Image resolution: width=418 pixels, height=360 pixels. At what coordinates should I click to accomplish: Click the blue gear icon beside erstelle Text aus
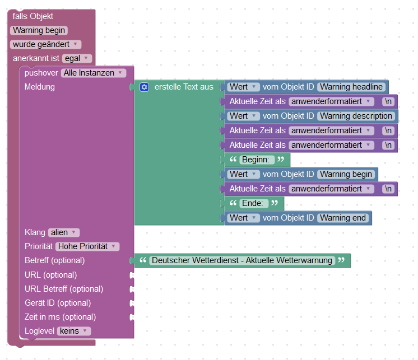coord(144,87)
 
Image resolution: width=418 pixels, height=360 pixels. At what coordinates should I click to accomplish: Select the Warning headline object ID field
coord(351,87)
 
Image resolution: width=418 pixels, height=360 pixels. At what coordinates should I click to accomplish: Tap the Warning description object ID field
coord(356,116)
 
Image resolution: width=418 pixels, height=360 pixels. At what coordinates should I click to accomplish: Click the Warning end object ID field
coord(342,218)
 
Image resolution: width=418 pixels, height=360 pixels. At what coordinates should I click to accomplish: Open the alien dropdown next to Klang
coord(64,232)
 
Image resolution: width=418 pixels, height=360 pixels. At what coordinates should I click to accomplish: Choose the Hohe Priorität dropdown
coord(87,246)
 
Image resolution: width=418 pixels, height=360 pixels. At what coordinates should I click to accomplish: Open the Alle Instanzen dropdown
coord(94,73)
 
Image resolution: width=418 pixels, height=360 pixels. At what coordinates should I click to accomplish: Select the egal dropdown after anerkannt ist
coord(77,58)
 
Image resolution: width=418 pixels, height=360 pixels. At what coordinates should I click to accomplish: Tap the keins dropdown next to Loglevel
coord(73,331)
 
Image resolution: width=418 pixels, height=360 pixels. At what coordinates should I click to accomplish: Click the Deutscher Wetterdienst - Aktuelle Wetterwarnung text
coord(242,260)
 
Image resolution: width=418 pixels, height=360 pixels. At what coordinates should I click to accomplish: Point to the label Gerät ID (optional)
coord(58,303)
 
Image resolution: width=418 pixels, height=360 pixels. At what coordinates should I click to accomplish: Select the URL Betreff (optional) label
coord(64,289)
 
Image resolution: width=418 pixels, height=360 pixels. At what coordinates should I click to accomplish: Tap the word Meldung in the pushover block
coord(40,87)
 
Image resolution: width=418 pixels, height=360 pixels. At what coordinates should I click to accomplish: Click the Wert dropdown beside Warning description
coord(243,116)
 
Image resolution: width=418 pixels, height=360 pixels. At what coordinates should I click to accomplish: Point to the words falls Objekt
coord(32,16)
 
